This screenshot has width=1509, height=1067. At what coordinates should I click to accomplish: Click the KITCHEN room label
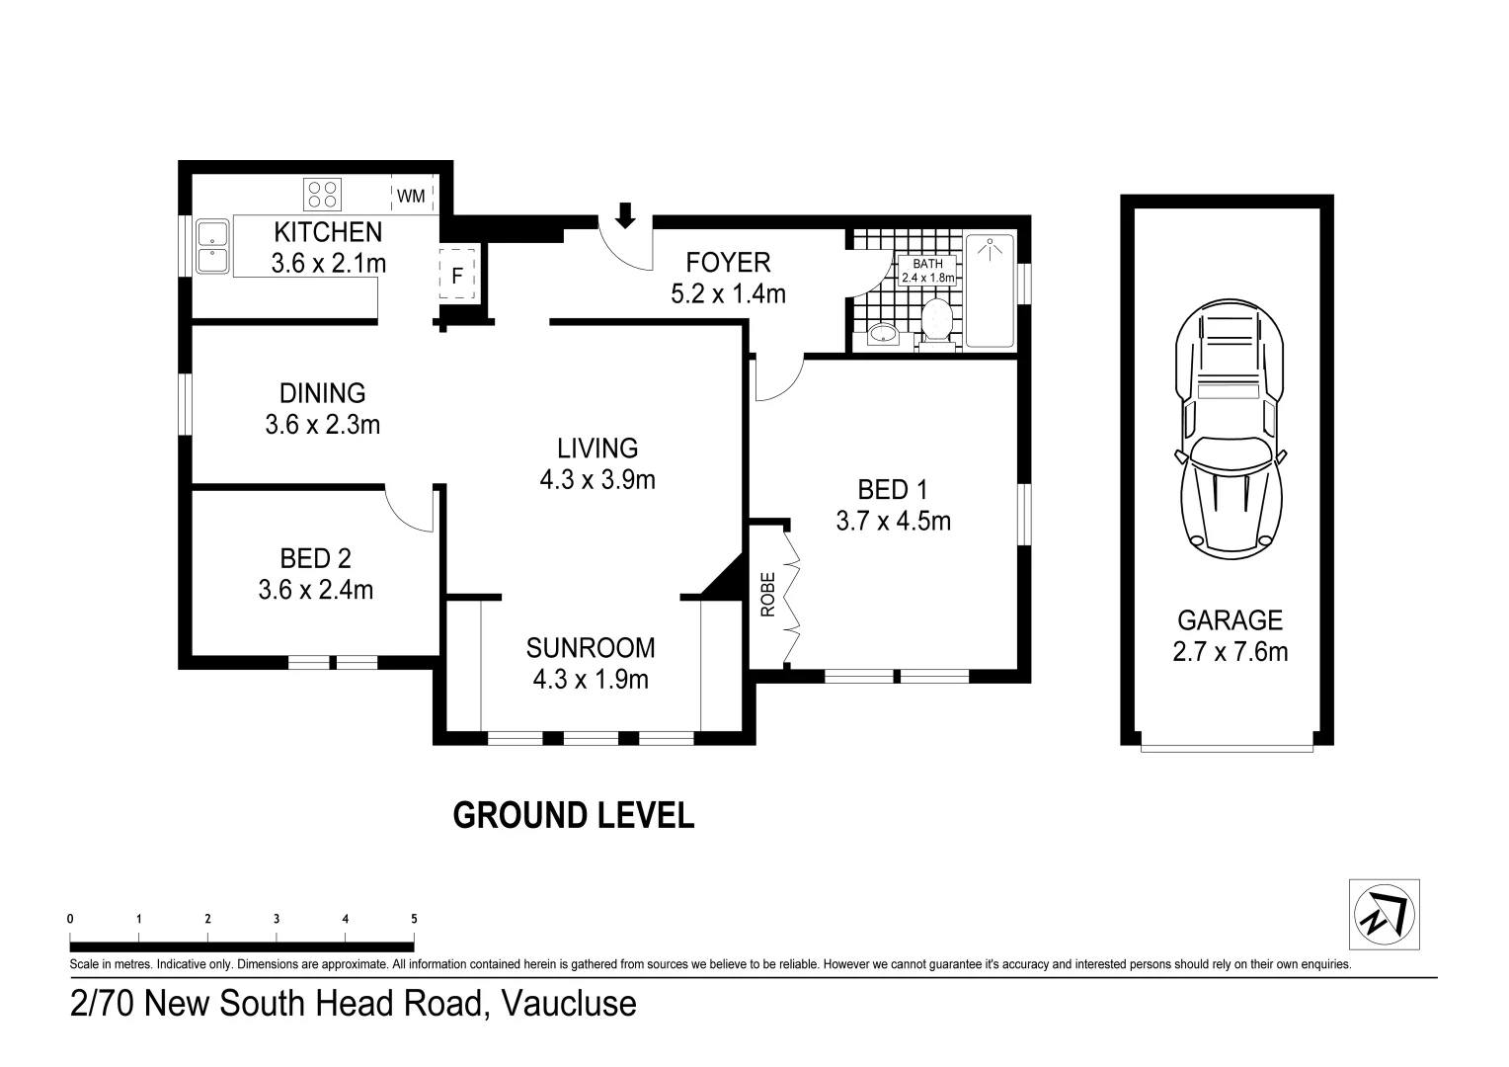click(328, 232)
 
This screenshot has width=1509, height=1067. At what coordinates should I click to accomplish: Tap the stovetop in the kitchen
click(322, 194)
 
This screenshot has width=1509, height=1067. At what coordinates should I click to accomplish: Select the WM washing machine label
click(411, 197)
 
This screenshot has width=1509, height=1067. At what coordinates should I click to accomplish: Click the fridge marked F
click(457, 274)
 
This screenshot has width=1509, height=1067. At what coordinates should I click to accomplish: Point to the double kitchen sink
click(212, 246)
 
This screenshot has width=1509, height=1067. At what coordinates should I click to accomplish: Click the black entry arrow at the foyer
click(626, 215)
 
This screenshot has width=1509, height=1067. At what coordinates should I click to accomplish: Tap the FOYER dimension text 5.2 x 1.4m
click(728, 294)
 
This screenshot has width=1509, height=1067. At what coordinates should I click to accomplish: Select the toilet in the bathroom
click(936, 325)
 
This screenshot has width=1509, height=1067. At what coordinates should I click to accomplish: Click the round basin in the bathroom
click(882, 333)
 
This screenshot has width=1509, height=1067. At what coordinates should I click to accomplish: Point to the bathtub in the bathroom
click(990, 290)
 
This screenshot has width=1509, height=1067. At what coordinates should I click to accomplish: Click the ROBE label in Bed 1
click(768, 595)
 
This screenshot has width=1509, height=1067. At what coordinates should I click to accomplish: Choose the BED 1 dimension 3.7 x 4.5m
click(894, 521)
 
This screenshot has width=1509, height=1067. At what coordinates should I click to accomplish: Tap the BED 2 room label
click(315, 559)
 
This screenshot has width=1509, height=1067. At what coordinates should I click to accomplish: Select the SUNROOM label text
click(591, 648)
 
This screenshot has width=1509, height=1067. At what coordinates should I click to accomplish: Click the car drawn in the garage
click(1230, 430)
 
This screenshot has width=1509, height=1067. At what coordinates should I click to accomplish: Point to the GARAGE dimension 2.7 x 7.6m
click(1231, 652)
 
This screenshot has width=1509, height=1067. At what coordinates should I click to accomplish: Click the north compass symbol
click(1385, 915)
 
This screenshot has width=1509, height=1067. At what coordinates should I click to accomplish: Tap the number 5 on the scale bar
click(415, 919)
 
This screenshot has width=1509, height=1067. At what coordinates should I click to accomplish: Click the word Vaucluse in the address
click(569, 1003)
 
